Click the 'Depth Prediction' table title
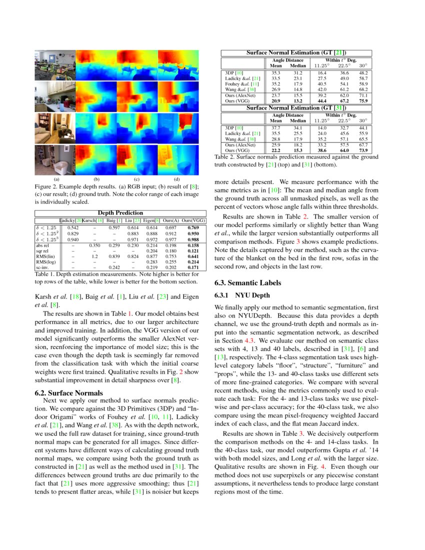(x=120, y=213)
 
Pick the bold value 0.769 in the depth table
(x=193, y=228)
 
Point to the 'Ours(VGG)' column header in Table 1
(x=193, y=220)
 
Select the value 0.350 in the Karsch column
(x=94, y=245)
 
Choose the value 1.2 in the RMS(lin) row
(x=94, y=256)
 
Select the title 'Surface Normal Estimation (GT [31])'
(x=296, y=107)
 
